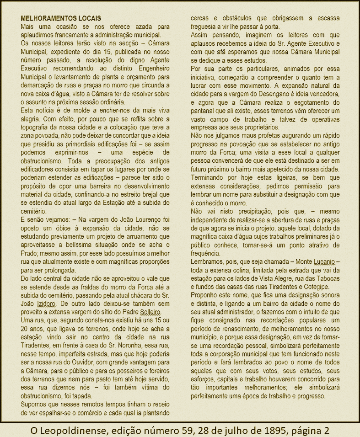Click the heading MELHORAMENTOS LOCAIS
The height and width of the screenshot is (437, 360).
[x=61, y=19]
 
